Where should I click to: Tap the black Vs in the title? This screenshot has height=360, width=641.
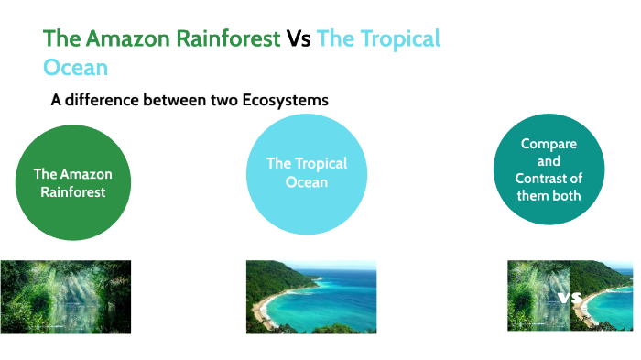tap(299, 38)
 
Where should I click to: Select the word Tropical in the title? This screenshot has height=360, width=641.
tap(400, 38)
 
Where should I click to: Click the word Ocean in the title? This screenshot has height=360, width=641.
tap(75, 67)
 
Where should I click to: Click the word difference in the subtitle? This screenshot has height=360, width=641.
tap(106, 100)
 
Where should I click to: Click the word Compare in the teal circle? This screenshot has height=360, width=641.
tap(549, 144)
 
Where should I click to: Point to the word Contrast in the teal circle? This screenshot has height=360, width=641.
tap(549, 179)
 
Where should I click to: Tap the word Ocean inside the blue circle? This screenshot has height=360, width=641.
tap(307, 182)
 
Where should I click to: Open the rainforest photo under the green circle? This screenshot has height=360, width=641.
tap(65, 296)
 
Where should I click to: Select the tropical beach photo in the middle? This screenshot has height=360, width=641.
tap(311, 296)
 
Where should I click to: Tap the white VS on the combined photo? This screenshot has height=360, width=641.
tap(570, 298)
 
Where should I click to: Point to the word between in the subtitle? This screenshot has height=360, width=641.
tap(179, 100)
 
